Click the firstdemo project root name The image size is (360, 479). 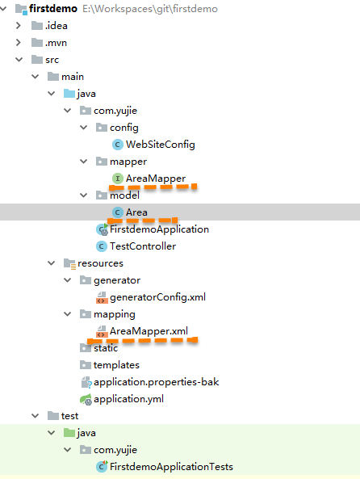[x=53, y=9]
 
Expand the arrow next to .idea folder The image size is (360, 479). [x=19, y=25]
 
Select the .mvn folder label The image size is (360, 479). [x=56, y=43]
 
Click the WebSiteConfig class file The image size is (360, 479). [x=161, y=145]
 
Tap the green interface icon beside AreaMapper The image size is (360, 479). [x=118, y=179]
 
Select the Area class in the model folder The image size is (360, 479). [x=136, y=212]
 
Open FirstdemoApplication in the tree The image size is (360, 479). [x=159, y=229]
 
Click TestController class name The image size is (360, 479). [x=143, y=246]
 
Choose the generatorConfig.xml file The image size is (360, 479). [x=157, y=297]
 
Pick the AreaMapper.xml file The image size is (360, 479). [x=149, y=331]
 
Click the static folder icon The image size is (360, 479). [x=86, y=347]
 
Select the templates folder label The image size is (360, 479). [x=116, y=365]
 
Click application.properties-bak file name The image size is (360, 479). [x=156, y=382]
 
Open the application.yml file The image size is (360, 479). [x=128, y=399]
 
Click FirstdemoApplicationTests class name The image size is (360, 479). [x=171, y=467]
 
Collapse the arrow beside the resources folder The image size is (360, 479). [x=52, y=263]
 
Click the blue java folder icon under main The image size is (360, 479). [x=69, y=94]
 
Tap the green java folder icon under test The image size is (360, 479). [x=69, y=433]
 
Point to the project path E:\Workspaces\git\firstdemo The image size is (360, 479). [x=150, y=9]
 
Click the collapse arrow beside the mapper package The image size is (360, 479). [x=84, y=162]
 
